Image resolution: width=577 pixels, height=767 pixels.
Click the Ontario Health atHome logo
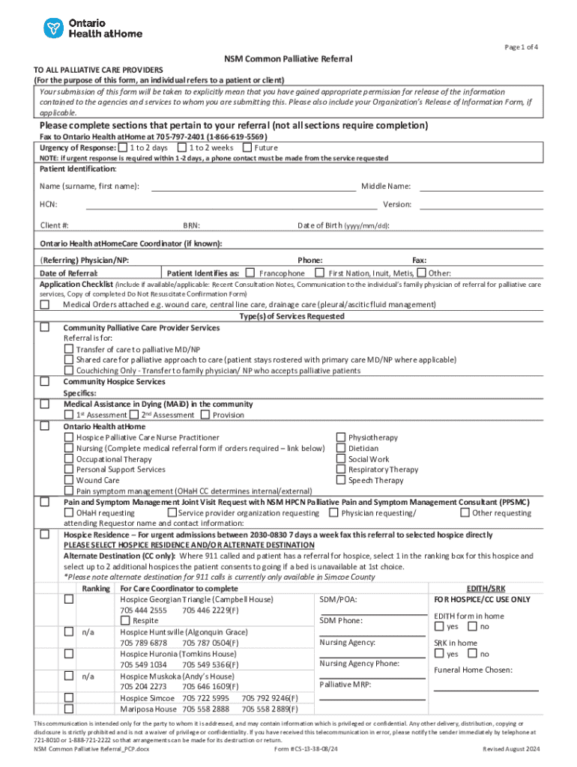(92, 28)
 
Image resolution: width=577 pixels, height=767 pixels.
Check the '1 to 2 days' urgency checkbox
(121, 148)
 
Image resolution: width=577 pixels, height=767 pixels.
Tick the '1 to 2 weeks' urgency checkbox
(182, 148)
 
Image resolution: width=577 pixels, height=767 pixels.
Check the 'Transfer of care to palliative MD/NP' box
(69, 349)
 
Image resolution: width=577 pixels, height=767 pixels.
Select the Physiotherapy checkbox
(341, 437)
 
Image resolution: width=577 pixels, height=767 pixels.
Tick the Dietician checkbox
(341, 448)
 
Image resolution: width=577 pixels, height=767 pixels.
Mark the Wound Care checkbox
(69, 480)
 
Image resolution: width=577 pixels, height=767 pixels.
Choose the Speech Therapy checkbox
(341, 480)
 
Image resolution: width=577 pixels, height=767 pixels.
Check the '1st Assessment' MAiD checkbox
(69, 415)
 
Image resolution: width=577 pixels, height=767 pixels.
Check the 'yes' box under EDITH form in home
(440, 627)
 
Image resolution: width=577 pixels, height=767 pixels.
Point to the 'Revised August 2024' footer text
(511, 749)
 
